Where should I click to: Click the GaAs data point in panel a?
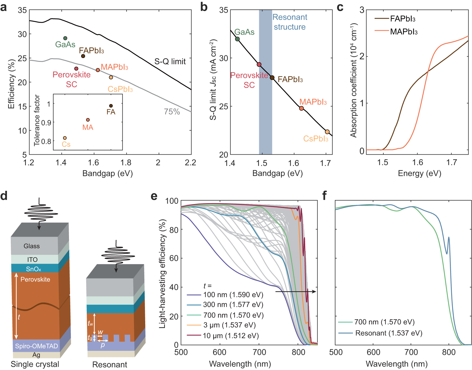(65, 38)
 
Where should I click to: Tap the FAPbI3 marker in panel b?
(272, 78)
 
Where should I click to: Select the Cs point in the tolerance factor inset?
(65, 138)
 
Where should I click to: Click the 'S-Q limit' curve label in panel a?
(170, 62)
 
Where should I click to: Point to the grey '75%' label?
(172, 111)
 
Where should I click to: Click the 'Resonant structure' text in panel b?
(290, 22)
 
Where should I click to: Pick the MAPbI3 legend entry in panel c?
(404, 32)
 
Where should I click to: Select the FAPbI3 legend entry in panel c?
(402, 19)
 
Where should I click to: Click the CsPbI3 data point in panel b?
(327, 132)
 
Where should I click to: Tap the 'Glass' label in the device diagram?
(32, 246)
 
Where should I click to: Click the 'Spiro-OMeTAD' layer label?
(36, 346)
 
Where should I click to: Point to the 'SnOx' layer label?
(34, 269)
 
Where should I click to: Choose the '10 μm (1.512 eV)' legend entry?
(231, 336)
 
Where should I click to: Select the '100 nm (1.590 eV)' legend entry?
(233, 295)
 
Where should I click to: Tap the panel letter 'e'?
(154, 196)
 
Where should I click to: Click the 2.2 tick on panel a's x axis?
(191, 162)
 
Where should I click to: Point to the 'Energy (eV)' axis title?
(419, 173)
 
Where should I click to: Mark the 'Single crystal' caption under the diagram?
(35, 364)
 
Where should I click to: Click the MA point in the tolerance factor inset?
(88, 120)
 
